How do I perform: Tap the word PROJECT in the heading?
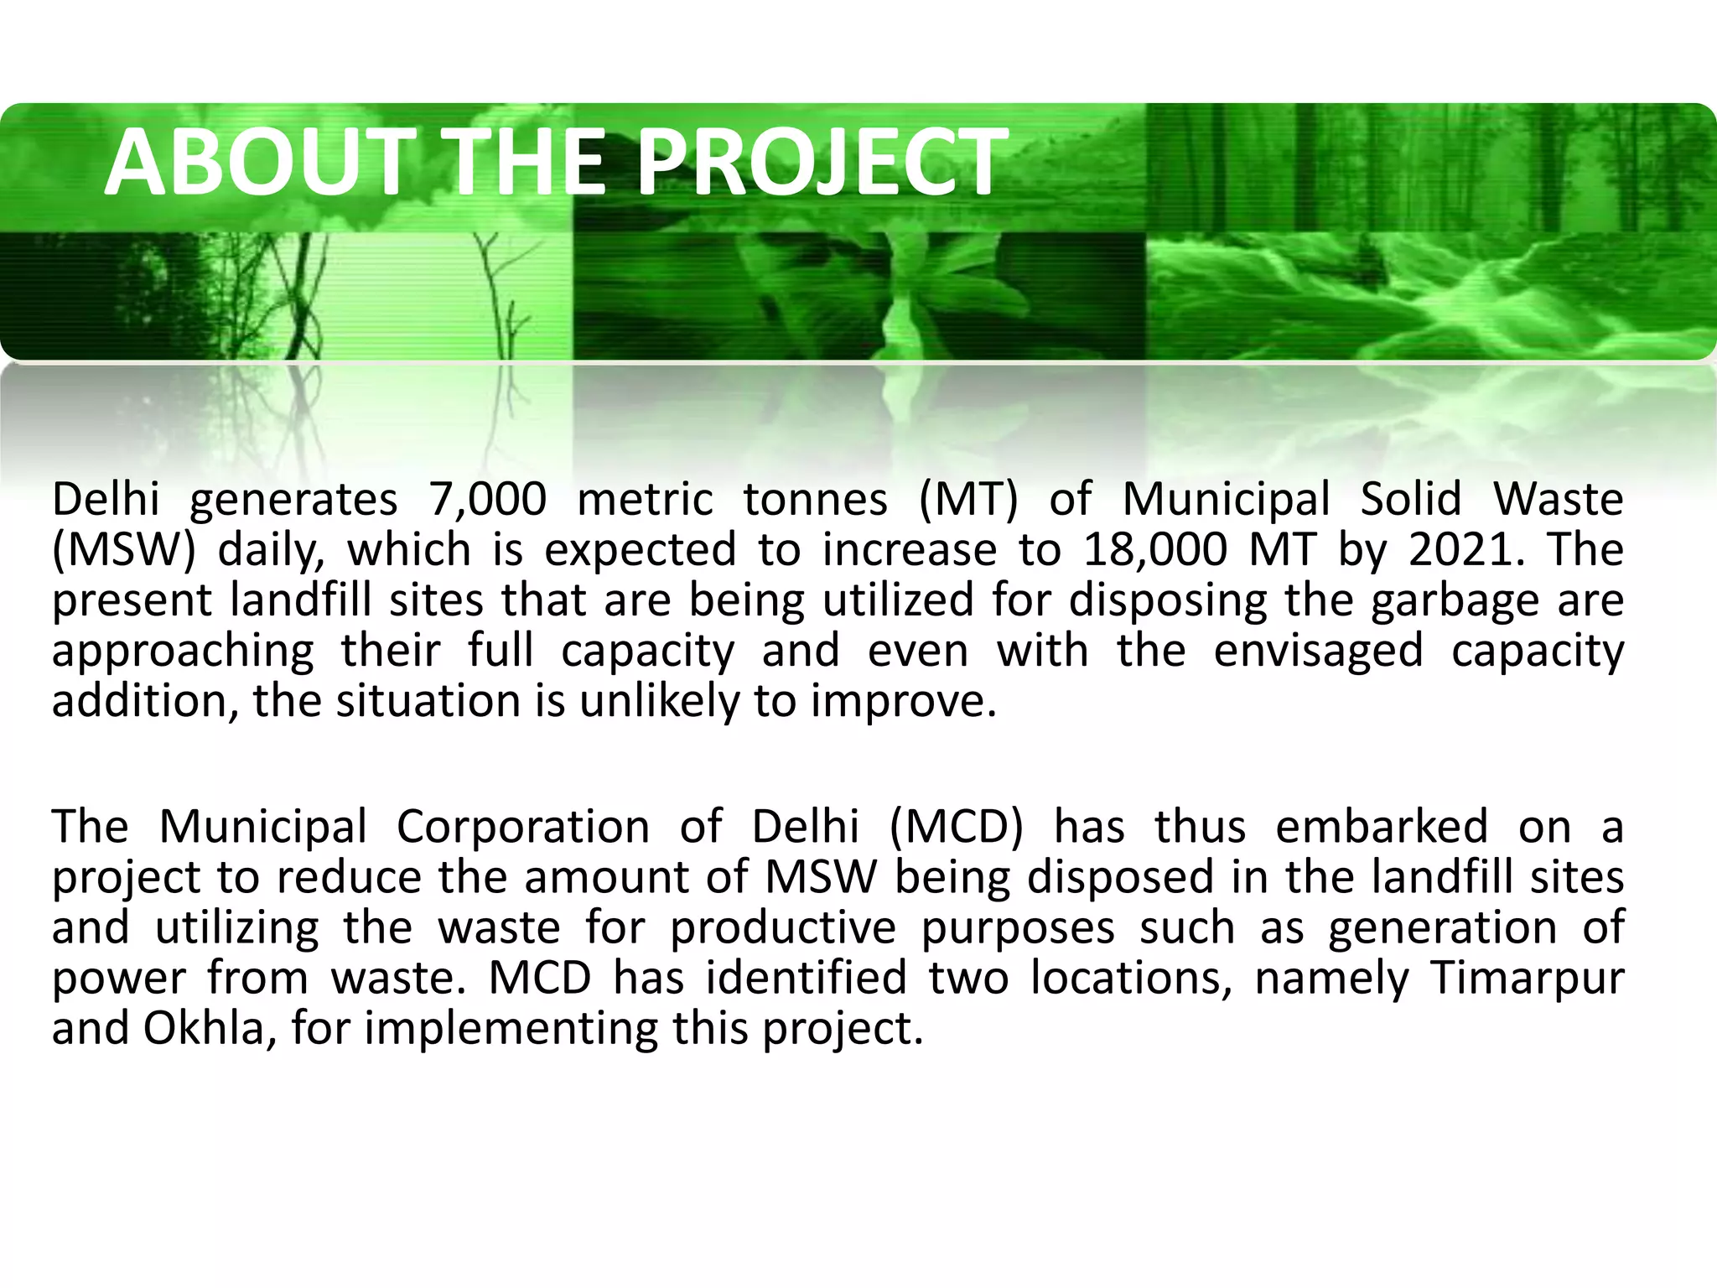[x=822, y=162]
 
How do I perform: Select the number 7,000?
[x=487, y=500]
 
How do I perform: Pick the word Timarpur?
[x=1528, y=978]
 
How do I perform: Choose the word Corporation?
[x=522, y=827]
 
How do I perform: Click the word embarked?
[x=1382, y=827]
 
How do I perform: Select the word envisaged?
[x=1318, y=651]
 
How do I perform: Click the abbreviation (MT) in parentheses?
[x=968, y=500]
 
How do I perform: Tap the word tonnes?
[x=815, y=500]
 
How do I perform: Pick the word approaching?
[x=183, y=651]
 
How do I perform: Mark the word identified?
[x=807, y=978]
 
